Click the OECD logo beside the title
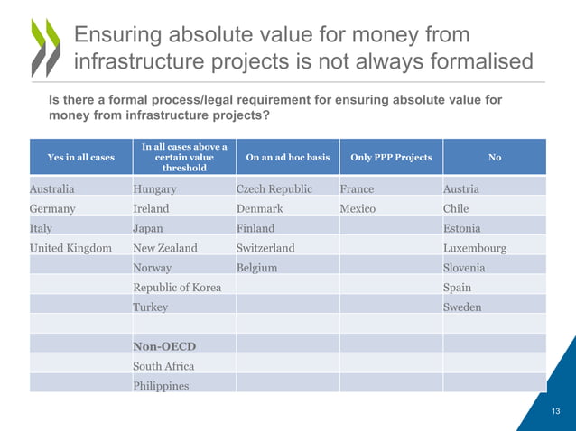(x=46, y=47)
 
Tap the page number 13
(x=556, y=410)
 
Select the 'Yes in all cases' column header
(x=80, y=157)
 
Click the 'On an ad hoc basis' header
(x=287, y=157)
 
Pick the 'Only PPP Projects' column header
(x=390, y=157)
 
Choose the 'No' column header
(x=494, y=157)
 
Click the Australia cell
(x=51, y=189)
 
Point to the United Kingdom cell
(x=70, y=248)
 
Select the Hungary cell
(x=154, y=189)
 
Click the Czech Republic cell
(x=274, y=189)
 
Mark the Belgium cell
(x=256, y=268)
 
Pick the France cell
(x=357, y=189)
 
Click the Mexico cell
(x=358, y=208)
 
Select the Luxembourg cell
(x=475, y=248)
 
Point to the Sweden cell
(x=462, y=307)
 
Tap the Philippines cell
(x=161, y=386)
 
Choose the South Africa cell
(x=163, y=366)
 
